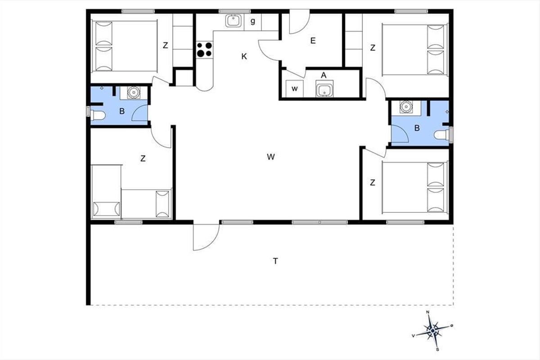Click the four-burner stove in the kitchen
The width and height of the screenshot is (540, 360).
click(204, 49)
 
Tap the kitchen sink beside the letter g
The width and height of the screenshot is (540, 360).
click(233, 21)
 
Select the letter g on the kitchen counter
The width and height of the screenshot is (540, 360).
click(252, 22)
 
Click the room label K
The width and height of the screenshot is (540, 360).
click(244, 56)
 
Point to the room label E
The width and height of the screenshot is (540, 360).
click(313, 40)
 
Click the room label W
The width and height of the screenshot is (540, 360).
click(271, 157)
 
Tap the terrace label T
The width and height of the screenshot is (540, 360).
click(275, 261)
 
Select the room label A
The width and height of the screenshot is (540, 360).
click(324, 75)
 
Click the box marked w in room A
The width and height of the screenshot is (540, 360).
click(294, 89)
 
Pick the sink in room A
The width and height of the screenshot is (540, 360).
click(324, 89)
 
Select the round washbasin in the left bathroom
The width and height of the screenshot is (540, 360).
click(134, 92)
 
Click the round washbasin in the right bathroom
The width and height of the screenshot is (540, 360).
click(406, 107)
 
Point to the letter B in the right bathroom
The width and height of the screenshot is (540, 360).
click(417, 128)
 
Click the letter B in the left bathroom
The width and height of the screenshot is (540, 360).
click(122, 111)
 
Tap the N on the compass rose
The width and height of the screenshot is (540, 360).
click(428, 312)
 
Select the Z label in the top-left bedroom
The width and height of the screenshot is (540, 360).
click(165, 45)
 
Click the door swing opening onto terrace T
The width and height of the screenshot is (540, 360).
click(207, 238)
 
